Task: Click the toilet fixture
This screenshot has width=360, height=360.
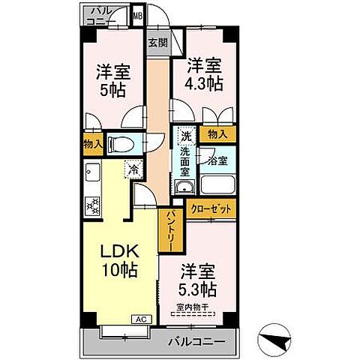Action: [x=118, y=144]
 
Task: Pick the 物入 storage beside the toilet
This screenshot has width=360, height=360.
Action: [x=92, y=144]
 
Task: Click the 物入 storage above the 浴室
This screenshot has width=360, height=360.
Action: [x=217, y=135]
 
